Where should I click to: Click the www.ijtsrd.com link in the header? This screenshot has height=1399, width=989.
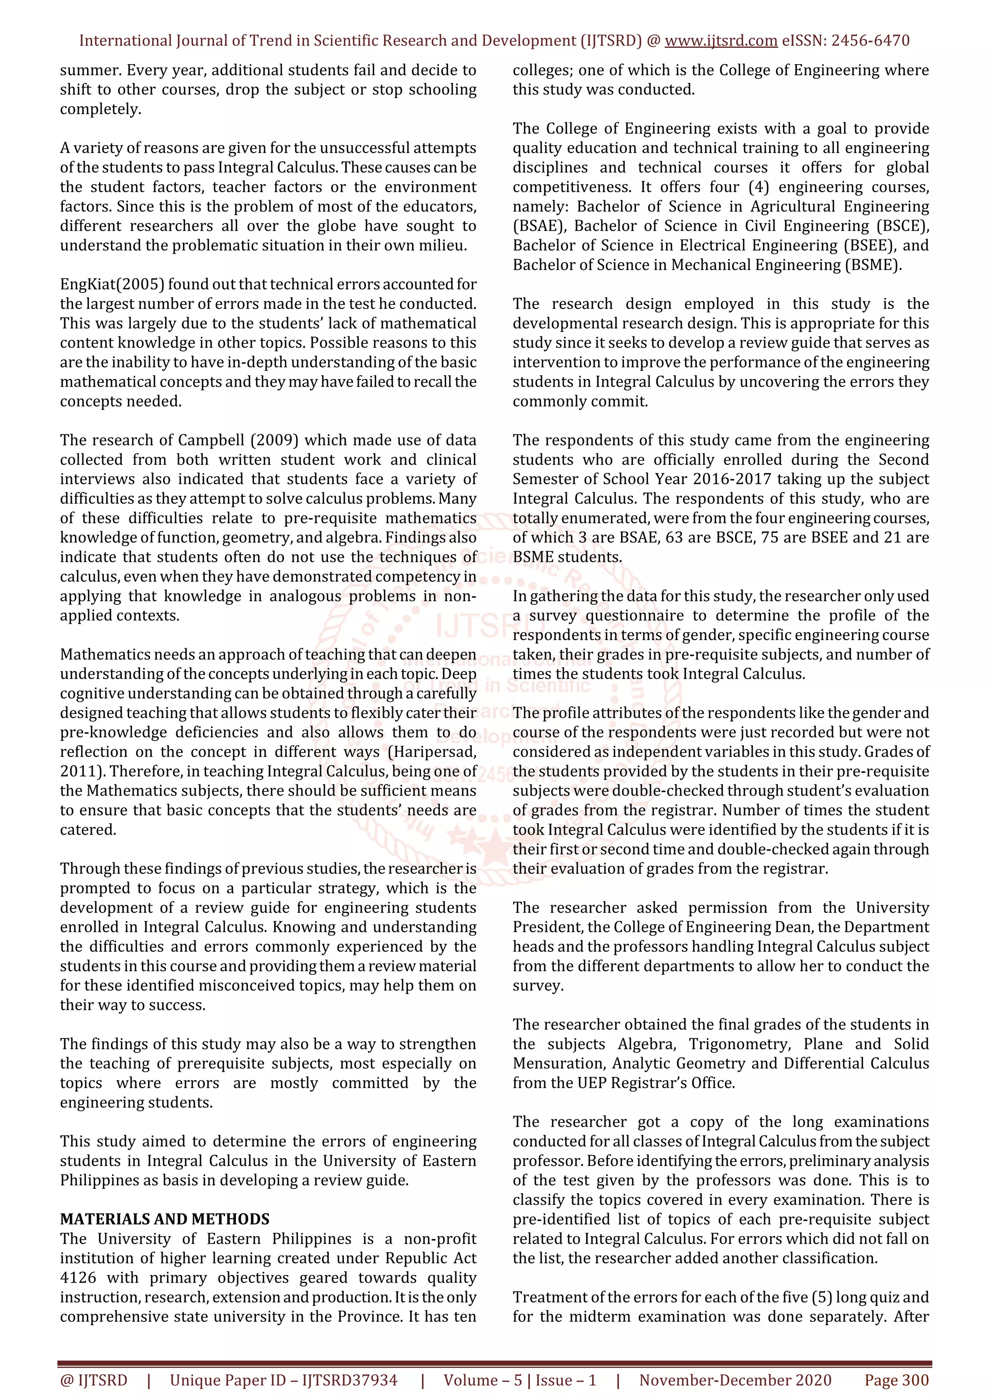(x=721, y=41)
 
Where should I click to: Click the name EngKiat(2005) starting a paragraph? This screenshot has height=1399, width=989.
(x=113, y=284)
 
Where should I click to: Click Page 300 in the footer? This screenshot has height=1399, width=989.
(x=896, y=1380)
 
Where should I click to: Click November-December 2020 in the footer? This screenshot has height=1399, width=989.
(x=735, y=1380)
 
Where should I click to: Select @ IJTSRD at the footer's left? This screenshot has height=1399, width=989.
(x=94, y=1380)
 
